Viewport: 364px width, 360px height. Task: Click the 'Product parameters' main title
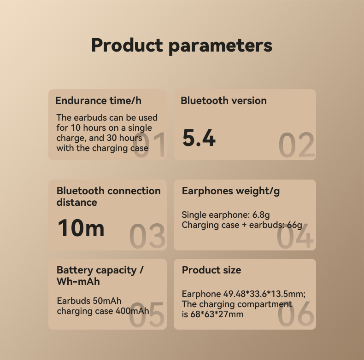coord(182,46)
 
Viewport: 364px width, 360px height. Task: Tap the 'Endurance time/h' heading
coord(98,101)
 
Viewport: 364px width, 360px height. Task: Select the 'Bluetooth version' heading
coord(223,101)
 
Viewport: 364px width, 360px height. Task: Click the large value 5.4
coord(199,138)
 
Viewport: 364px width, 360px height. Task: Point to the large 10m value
coord(81,228)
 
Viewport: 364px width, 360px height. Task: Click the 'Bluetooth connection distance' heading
coord(108,197)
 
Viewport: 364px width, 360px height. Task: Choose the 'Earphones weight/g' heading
coord(231,191)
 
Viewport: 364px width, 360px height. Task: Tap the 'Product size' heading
coord(211,270)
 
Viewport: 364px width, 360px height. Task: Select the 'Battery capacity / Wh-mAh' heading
coord(100,275)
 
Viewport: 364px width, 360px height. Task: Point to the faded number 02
coord(297,145)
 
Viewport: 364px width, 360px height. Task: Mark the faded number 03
coord(147,236)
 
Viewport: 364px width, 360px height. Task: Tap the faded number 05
coord(147,315)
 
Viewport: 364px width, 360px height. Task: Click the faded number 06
coord(296,315)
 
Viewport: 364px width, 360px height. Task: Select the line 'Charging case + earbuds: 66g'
coord(241,225)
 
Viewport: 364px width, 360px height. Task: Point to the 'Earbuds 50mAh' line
coord(89,301)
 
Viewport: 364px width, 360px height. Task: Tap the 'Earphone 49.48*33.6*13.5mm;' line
coord(244,294)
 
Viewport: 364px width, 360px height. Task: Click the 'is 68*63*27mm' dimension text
coord(212,314)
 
